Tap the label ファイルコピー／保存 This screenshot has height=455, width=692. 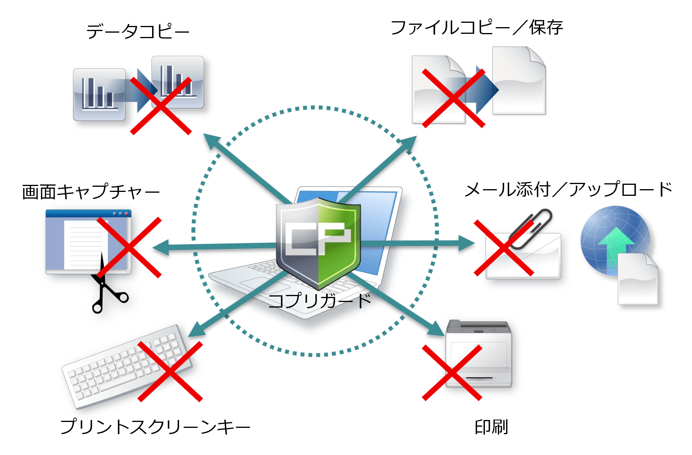[477, 28]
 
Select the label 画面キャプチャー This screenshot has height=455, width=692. [91, 192]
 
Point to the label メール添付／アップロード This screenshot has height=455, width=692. [568, 190]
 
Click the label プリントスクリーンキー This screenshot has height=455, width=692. [155, 427]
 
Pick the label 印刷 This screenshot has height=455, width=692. [491, 427]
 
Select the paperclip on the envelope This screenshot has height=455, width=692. [532, 228]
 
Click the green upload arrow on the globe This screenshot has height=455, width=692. [615, 246]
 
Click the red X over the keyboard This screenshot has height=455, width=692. [170, 371]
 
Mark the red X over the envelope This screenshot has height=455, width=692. [504, 248]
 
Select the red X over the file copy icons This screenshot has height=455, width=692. [453, 98]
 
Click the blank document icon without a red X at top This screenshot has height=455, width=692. [519, 81]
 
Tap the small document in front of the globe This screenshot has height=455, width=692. [637, 279]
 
